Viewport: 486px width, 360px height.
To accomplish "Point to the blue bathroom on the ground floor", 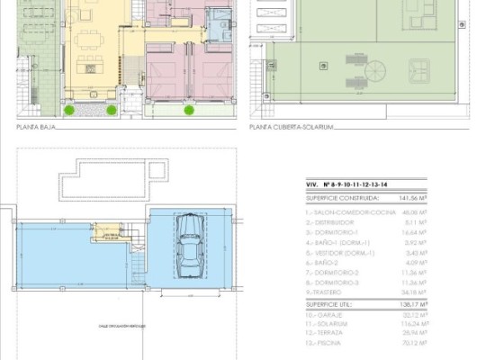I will [217, 20].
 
